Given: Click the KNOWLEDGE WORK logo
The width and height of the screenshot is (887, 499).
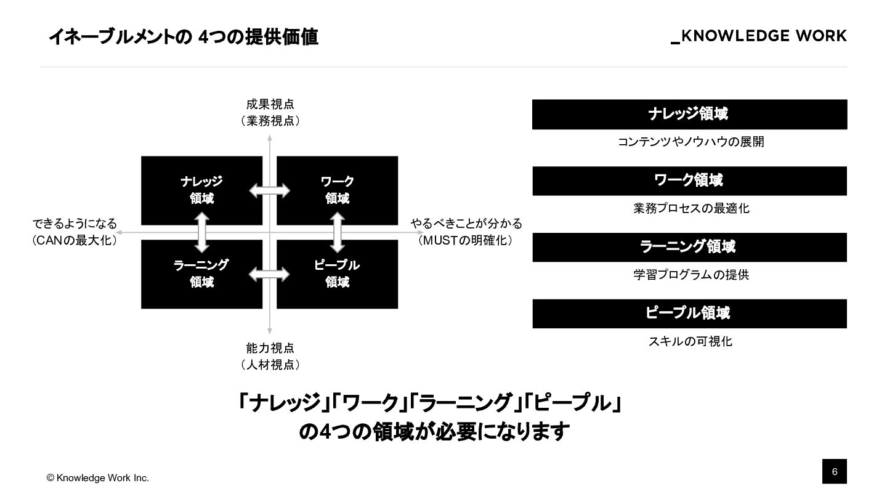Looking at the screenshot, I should [x=759, y=36].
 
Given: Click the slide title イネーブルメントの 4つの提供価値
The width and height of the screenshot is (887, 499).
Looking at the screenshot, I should [x=183, y=37].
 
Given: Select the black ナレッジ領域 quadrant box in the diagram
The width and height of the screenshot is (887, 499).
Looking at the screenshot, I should [x=201, y=190].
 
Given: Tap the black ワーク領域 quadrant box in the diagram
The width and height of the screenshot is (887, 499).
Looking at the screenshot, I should [x=337, y=190].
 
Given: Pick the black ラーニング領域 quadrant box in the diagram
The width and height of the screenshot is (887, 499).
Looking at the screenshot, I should [x=201, y=274].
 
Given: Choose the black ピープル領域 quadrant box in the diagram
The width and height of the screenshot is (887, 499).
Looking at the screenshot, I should [x=337, y=274].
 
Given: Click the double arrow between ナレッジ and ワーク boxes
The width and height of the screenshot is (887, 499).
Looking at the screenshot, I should [x=269, y=190].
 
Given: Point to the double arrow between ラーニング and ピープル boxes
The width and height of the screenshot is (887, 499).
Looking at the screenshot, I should [x=269, y=274].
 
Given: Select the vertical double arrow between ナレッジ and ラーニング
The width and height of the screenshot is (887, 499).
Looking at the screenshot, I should [x=202, y=232].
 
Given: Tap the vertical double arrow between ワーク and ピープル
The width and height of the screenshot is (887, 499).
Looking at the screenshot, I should [x=337, y=232].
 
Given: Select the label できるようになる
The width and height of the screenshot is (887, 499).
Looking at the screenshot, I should [x=75, y=224].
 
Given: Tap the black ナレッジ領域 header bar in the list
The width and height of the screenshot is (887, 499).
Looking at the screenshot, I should [x=689, y=114].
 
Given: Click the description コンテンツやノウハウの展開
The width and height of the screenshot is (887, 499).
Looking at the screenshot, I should [x=691, y=142].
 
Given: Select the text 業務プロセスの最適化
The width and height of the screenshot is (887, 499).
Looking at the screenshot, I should [x=691, y=208].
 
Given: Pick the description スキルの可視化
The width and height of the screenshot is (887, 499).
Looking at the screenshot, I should [x=690, y=341].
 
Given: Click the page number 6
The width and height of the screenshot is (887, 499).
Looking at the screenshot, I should [x=835, y=472].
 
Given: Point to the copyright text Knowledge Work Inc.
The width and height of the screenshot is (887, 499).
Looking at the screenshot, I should [x=98, y=478].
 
